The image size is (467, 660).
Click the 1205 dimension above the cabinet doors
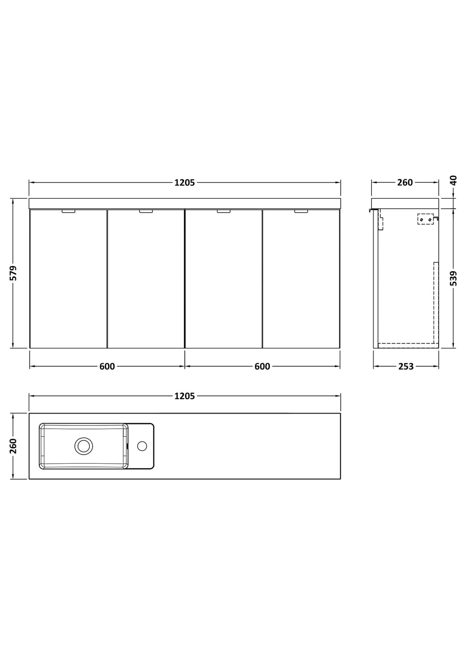click(185, 183)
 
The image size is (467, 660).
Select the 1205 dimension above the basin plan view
click(185, 396)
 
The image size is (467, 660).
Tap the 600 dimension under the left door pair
click(107, 366)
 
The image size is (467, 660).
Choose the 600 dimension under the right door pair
click(262, 366)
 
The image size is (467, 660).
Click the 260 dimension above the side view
click(405, 183)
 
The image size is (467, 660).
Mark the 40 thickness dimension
click(454, 180)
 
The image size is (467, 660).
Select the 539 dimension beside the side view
click(454, 278)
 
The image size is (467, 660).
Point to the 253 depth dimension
click(406, 366)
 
